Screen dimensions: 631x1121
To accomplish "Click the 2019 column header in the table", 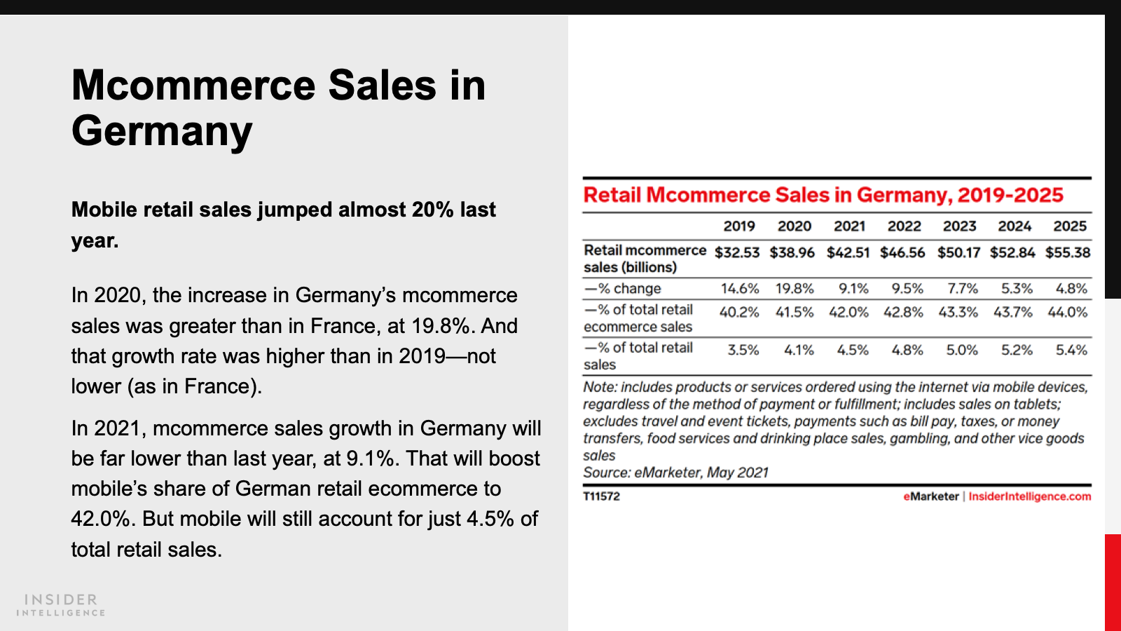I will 739,226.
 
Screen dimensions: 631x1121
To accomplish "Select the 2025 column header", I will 1070,226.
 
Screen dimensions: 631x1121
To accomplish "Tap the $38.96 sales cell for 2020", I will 792,252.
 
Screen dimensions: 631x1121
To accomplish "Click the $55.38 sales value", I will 1068,252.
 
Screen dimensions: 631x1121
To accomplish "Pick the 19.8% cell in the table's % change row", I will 795,289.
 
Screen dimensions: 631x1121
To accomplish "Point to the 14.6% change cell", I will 740,289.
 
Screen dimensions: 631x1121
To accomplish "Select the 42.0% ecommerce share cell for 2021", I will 848,312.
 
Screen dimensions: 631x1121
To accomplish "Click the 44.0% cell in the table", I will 1068,312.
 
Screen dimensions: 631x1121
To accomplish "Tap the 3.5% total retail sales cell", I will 743,350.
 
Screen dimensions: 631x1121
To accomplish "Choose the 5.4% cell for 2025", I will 1071,350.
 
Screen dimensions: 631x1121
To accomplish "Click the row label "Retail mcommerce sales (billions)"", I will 645,259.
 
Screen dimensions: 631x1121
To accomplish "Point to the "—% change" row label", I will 623,289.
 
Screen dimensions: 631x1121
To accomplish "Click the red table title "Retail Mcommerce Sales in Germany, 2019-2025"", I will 823,195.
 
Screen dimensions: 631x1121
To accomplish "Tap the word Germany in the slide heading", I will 162,131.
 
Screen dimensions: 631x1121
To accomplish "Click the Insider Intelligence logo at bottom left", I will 61,605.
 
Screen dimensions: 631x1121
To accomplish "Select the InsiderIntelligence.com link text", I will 1030,496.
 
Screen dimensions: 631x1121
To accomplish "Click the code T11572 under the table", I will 601,496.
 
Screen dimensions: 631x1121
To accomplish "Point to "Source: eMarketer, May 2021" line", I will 675,473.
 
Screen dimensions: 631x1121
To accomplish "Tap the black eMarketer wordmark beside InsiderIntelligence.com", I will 930,496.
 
